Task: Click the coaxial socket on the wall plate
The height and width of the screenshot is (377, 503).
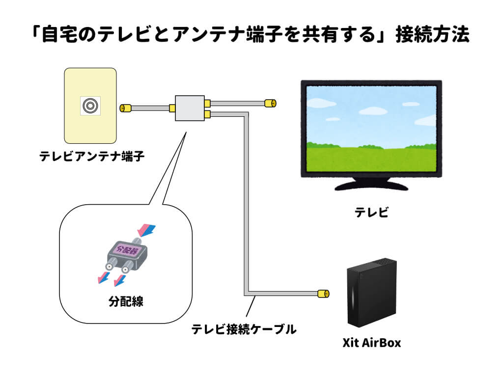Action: tap(90, 106)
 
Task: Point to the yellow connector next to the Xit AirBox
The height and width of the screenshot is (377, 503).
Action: tap(323, 294)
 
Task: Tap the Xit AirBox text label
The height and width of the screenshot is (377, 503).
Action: tap(371, 343)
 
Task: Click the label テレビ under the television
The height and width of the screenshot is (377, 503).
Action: tap(371, 212)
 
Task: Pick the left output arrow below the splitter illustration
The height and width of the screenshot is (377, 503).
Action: tap(104, 278)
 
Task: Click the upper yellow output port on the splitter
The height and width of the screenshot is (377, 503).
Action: tap(208, 103)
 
